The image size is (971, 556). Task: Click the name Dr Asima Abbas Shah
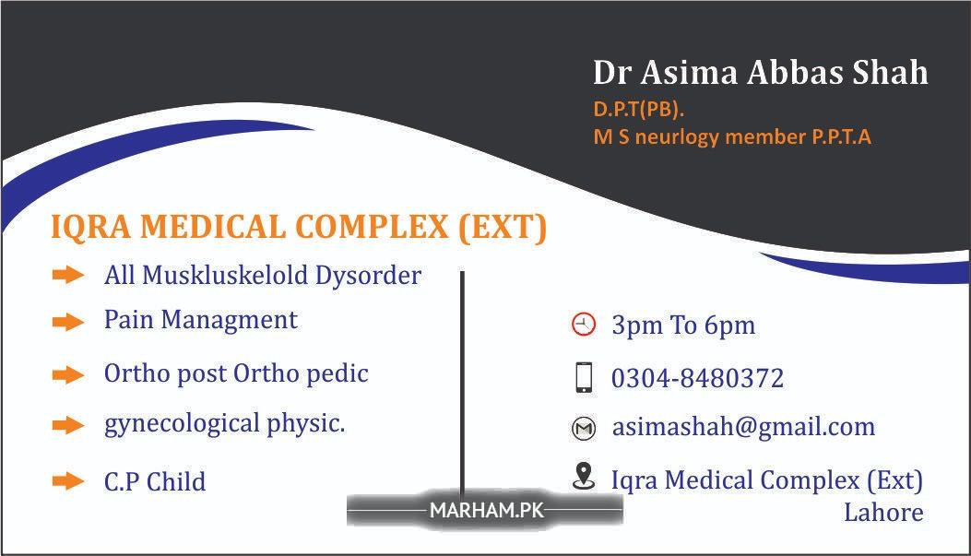coord(761,73)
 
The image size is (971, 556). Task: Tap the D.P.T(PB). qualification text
coord(638,110)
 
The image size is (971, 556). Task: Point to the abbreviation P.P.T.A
coord(841,136)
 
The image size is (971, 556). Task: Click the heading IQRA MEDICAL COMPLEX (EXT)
coord(299,227)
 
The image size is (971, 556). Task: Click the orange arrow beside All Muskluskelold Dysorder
coord(68,274)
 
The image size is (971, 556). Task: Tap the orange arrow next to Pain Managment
coord(68,322)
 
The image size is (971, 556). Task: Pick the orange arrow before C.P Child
coord(68,481)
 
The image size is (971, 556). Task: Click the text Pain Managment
coord(201,320)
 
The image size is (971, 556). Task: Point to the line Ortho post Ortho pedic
coord(236,374)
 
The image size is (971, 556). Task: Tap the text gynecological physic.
coord(224,424)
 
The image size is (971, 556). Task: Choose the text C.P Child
coord(155,481)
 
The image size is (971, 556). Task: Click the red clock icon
coord(583,325)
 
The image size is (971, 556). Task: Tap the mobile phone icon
coord(584,378)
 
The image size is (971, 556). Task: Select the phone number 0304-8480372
coord(697,378)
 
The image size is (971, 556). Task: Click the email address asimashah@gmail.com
coord(743,427)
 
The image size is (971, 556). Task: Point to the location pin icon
coord(584,476)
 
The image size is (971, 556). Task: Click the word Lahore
coord(883,513)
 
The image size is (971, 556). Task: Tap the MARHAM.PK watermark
coord(486,510)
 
